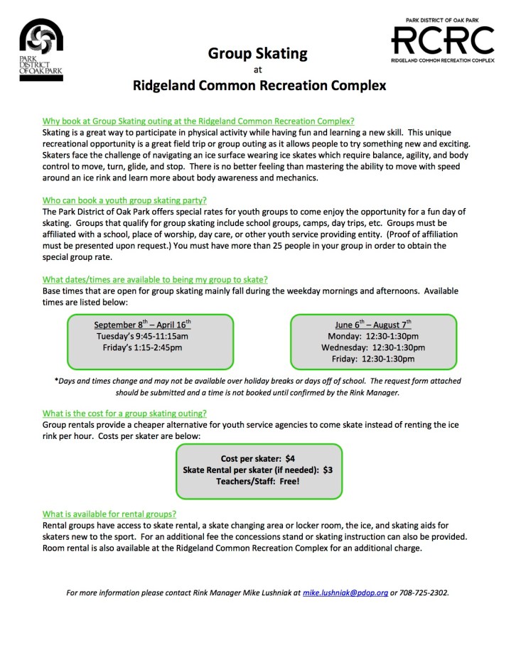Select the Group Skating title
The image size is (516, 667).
pos(257,53)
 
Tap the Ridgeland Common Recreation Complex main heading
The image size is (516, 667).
pos(259,87)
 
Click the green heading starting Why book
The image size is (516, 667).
pos(198,121)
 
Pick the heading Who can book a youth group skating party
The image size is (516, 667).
pos(124,201)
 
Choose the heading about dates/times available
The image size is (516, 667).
pos(155,279)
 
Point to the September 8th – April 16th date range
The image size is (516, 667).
pos(143,325)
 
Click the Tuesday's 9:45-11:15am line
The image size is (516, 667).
pos(143,336)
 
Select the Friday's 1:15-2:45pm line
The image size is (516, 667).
pos(143,347)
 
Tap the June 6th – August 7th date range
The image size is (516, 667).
pos(373,325)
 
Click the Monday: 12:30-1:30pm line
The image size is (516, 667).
pos(373,336)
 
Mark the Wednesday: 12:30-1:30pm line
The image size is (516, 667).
pos(373,347)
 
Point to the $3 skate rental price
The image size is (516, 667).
pos(328,470)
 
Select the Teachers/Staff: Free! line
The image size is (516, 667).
pos(258,481)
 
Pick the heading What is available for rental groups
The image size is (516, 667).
pos(109,514)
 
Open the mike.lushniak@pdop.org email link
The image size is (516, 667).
pos(345,592)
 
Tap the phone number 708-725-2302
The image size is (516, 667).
pos(424,592)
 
